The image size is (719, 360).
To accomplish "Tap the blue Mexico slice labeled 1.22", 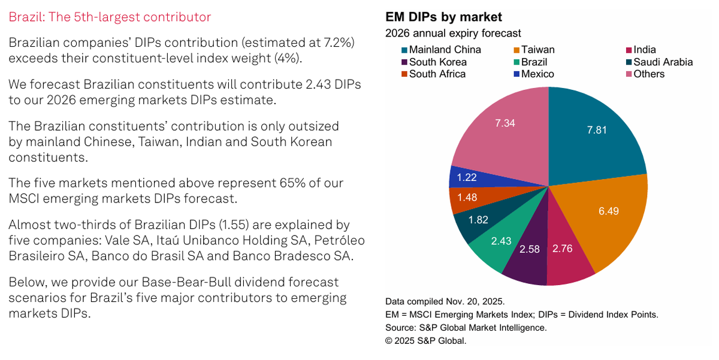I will coord(466,177).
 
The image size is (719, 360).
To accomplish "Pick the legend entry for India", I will coord(644,50).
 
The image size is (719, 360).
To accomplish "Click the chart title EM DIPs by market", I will coord(443,17).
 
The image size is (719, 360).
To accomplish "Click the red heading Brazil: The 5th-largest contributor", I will coord(110,17).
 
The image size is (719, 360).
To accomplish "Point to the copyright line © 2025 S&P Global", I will coord(425,340).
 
